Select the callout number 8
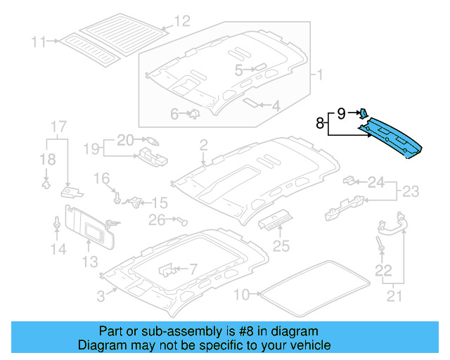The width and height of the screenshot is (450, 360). coord(320,124)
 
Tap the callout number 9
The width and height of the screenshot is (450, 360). coord(342,112)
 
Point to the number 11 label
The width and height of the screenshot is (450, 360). coord(39,41)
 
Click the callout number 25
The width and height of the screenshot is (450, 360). coord(281,245)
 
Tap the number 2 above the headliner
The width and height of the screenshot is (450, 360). coord(203,145)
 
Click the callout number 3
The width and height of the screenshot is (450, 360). coord(101,297)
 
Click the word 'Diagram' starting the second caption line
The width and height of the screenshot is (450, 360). coord(103,345)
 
